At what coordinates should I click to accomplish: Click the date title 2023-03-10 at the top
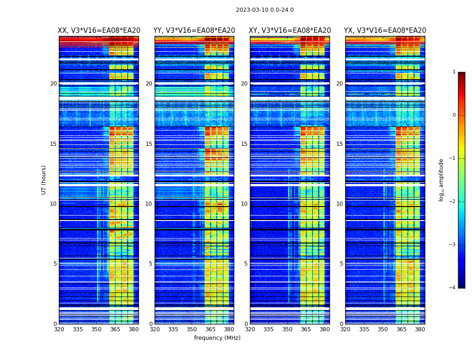[264, 10]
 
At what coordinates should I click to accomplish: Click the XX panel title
[99, 31]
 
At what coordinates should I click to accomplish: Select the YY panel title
[194, 31]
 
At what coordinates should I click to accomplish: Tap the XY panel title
[290, 31]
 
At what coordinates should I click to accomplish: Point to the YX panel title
[385, 31]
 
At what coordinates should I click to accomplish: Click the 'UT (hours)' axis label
[44, 180]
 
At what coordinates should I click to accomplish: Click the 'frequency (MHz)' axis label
[217, 338]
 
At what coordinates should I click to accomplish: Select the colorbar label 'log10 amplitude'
[441, 180]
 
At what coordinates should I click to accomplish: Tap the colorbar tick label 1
[454, 72]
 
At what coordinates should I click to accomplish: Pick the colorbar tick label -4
[453, 288]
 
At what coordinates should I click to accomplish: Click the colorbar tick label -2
[453, 202]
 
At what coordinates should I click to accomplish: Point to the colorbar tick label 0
[454, 115]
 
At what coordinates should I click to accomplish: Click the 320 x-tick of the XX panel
[59, 329]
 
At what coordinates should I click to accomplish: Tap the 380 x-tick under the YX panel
[420, 329]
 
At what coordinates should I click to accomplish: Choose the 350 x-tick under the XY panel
[287, 329]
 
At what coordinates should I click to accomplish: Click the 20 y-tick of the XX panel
[53, 84]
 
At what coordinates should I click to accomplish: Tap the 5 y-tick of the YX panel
[341, 264]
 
